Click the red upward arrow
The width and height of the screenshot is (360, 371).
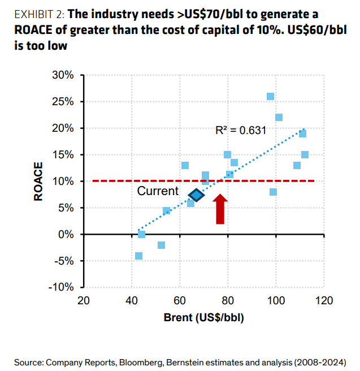pos(220,209)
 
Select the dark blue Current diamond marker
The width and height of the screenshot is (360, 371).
pos(196,195)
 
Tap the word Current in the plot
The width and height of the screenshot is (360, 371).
pos(158,192)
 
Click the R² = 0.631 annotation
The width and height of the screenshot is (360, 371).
pos(241,130)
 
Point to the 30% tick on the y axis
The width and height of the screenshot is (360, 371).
pos(63,75)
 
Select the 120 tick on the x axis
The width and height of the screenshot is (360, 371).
pos(324,300)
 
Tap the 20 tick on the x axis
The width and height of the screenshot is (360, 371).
pos(84,300)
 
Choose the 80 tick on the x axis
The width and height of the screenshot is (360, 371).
pos(228,300)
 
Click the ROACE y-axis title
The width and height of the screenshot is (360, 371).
pos(38,182)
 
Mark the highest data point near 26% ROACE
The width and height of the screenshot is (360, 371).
pos(271,97)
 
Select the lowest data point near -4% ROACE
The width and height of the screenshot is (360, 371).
pos(138,256)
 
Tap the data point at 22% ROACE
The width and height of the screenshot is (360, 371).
pos(279,118)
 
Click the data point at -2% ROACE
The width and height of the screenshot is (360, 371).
pos(161,245)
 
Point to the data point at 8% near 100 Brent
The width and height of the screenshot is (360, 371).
pos(274,192)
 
